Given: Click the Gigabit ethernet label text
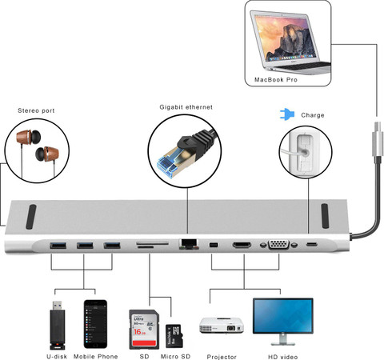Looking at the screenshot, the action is (x=186, y=107).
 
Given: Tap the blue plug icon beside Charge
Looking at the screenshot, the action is (x=287, y=114).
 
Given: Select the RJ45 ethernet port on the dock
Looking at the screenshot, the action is (x=189, y=244).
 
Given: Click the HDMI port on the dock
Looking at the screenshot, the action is (x=242, y=244).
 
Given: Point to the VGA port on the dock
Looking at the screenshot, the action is (x=278, y=244).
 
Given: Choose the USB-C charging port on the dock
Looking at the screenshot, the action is (x=312, y=244).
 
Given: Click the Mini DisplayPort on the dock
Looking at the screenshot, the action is (x=214, y=244).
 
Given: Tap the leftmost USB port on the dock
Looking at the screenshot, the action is (x=58, y=245).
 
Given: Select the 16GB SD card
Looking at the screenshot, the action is (x=144, y=330).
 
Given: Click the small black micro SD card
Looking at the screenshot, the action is (x=174, y=336).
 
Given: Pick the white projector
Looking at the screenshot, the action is (x=222, y=326).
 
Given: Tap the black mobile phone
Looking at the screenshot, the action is (x=95, y=324).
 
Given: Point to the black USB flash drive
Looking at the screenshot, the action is (x=58, y=326).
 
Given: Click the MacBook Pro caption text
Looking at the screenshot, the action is (x=276, y=79).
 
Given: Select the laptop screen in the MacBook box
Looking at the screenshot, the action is (x=286, y=37).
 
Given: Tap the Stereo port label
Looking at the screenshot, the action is (x=36, y=110).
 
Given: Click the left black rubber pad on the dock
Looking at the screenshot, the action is (x=31, y=217).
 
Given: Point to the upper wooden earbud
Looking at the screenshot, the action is (x=28, y=137).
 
